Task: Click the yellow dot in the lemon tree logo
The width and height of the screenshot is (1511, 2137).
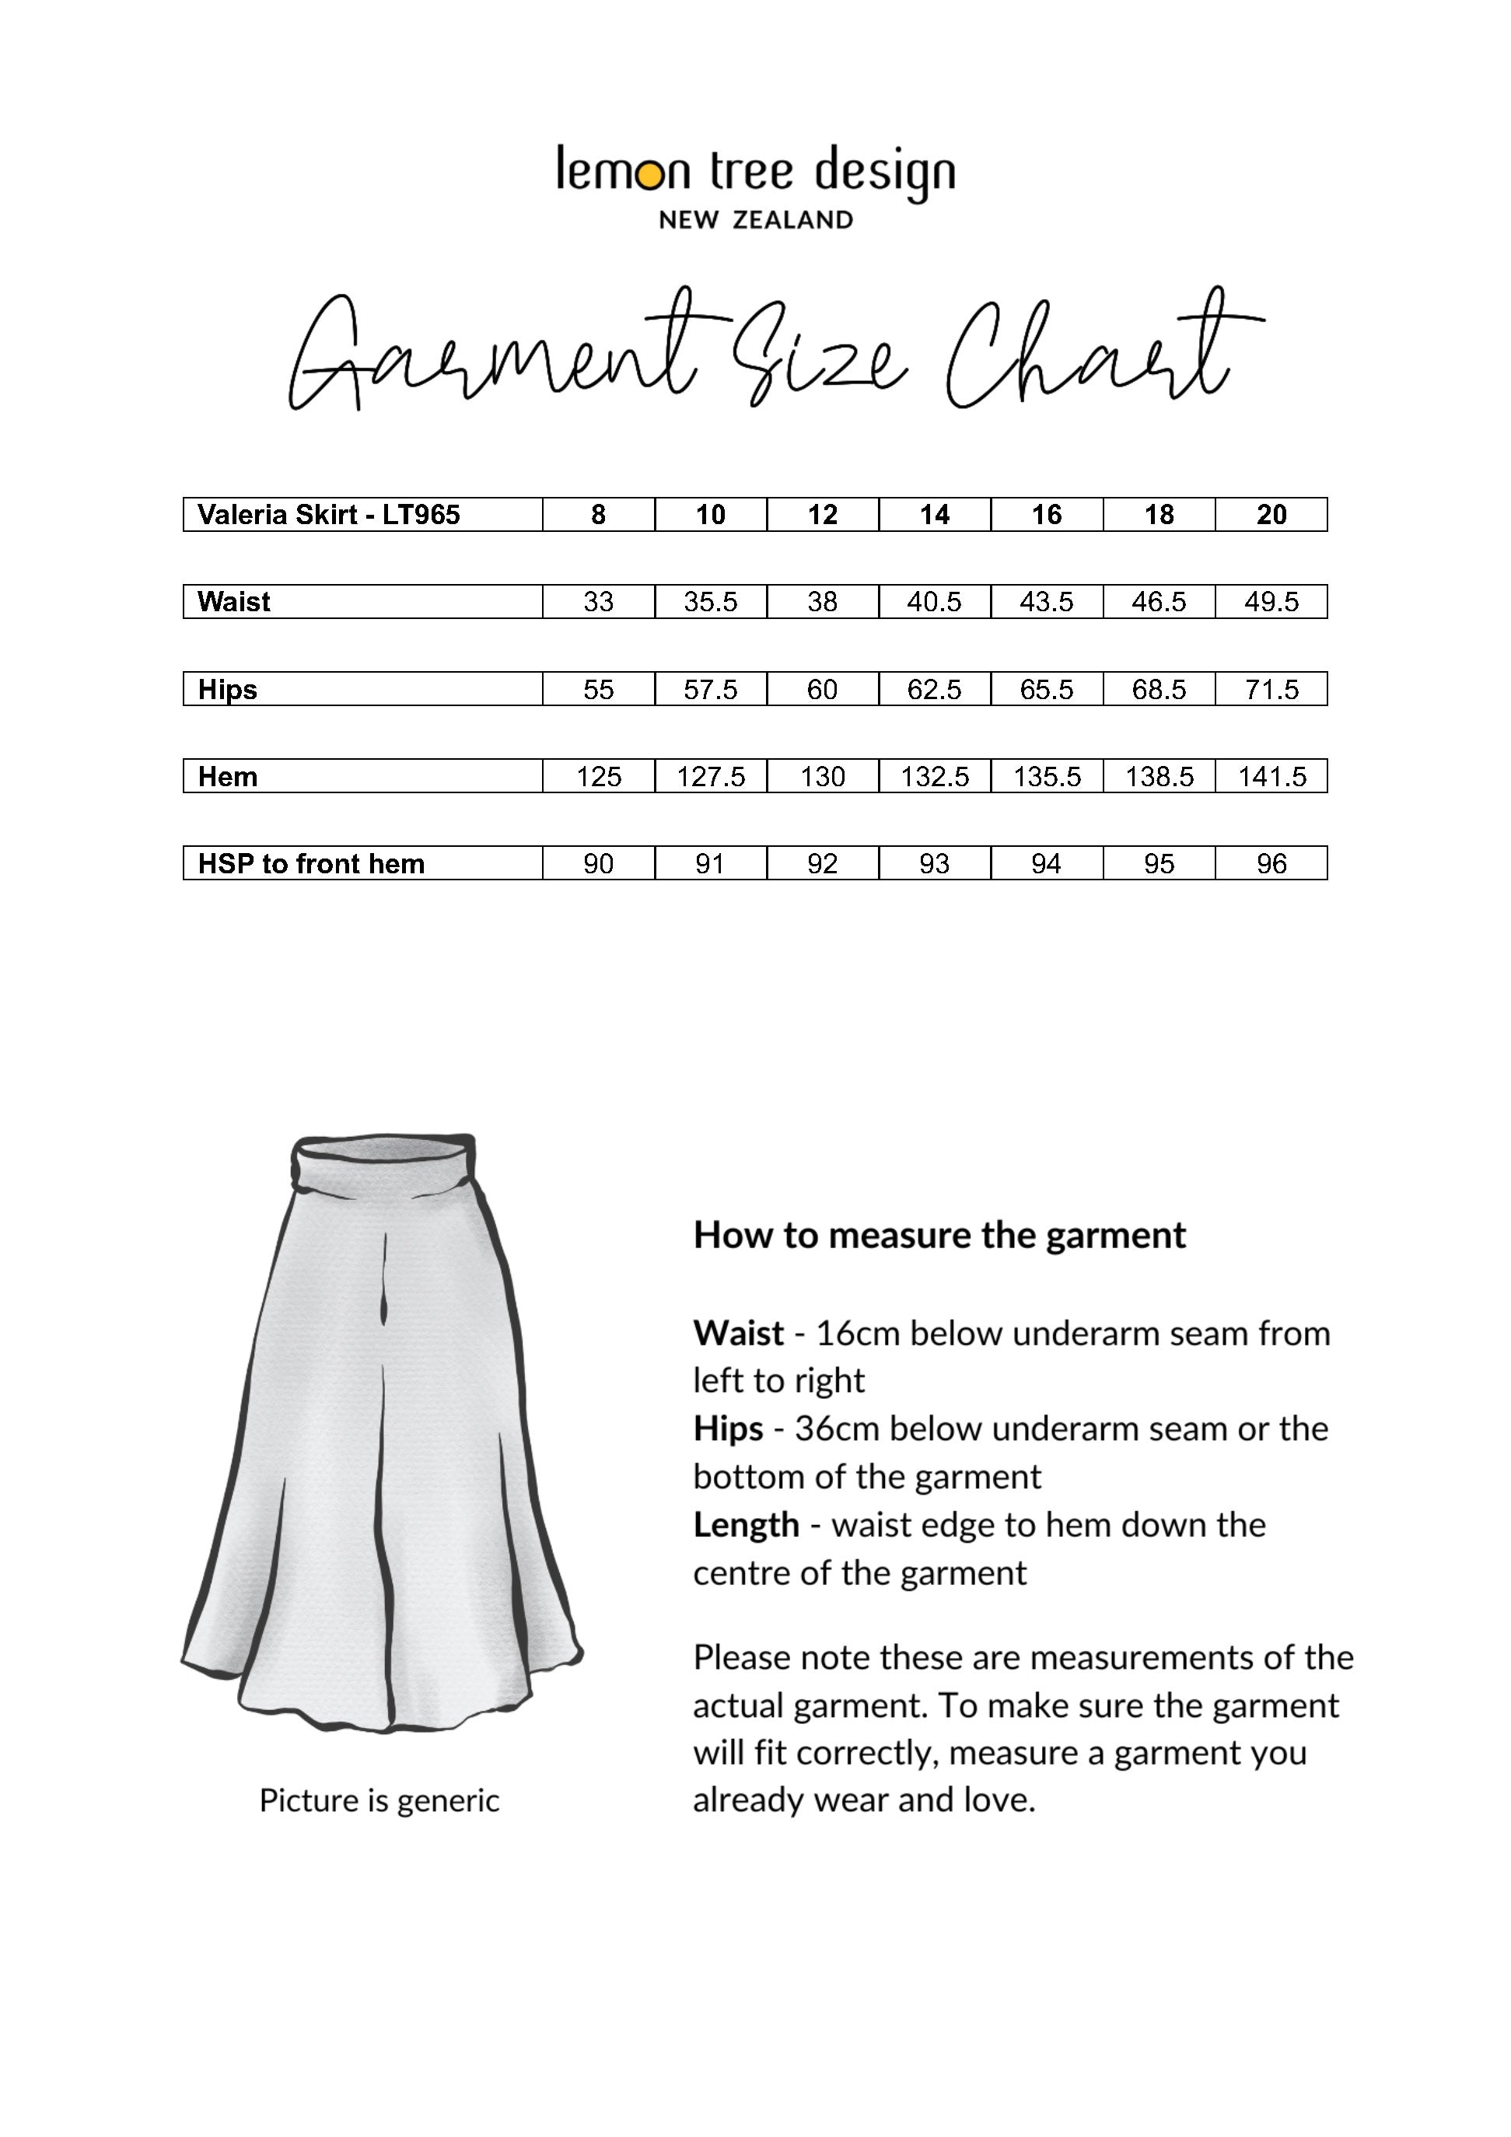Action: [652, 174]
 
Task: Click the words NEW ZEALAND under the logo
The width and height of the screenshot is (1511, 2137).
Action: [755, 221]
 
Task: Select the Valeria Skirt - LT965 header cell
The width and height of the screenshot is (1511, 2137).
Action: [329, 515]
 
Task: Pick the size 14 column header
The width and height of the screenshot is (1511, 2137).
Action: [934, 515]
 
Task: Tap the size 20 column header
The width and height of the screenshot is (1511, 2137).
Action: [1271, 515]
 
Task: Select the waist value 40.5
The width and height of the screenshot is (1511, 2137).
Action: [934, 602]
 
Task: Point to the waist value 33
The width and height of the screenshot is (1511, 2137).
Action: [598, 602]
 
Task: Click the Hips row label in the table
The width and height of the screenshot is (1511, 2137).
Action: [227, 690]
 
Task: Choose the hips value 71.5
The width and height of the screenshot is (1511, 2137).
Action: [1271, 690]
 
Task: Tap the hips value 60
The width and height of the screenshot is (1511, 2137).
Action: [822, 690]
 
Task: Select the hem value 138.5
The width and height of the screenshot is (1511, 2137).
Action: [1158, 776]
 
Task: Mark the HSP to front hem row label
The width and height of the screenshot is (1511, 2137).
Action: [311, 864]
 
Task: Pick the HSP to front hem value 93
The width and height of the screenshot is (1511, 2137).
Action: [934, 864]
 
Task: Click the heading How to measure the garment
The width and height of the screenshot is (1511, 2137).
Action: [939, 1235]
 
